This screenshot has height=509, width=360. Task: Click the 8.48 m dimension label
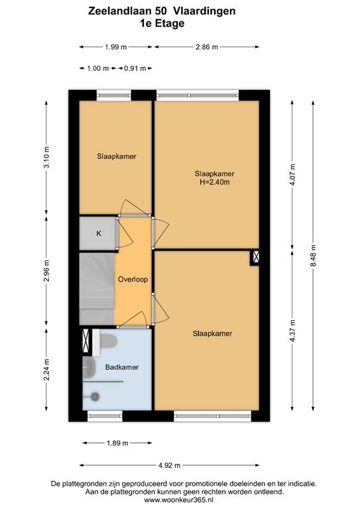(x=313, y=255)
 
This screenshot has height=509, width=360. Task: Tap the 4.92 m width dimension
(x=169, y=465)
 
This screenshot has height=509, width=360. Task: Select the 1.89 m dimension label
(x=117, y=443)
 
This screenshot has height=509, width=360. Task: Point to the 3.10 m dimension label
(x=47, y=157)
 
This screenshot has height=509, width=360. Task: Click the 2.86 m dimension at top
(x=207, y=47)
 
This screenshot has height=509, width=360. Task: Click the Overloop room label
(x=133, y=279)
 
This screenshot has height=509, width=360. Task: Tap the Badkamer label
(x=122, y=367)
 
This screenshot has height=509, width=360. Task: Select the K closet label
(x=99, y=233)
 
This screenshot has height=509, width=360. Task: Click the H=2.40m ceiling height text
(x=215, y=182)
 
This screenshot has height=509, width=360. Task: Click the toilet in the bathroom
(x=108, y=341)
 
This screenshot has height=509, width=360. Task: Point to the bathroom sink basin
(x=89, y=368)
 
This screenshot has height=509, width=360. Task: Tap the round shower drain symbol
(x=95, y=396)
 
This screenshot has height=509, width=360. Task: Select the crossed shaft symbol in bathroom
(x=86, y=341)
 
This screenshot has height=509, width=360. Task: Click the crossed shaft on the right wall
(x=255, y=257)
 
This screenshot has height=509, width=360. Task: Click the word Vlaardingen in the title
(x=204, y=11)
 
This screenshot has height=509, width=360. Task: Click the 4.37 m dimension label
(x=293, y=331)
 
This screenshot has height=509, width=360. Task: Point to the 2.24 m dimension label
(x=47, y=369)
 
